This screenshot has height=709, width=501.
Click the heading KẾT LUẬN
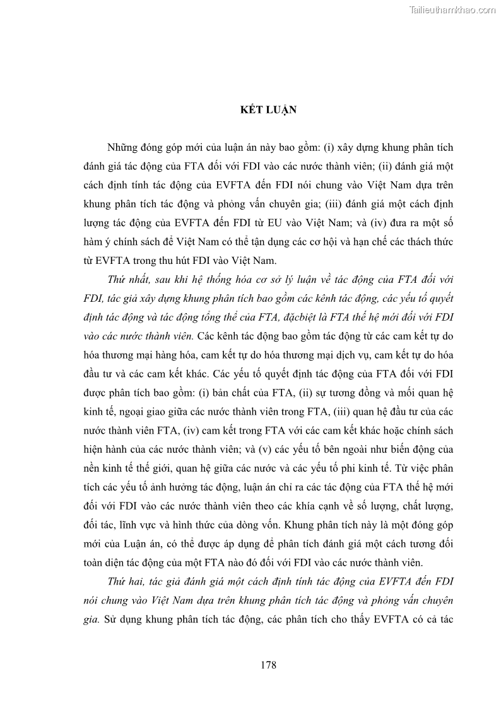pos(250,109)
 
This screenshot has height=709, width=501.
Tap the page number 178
pos(250,665)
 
